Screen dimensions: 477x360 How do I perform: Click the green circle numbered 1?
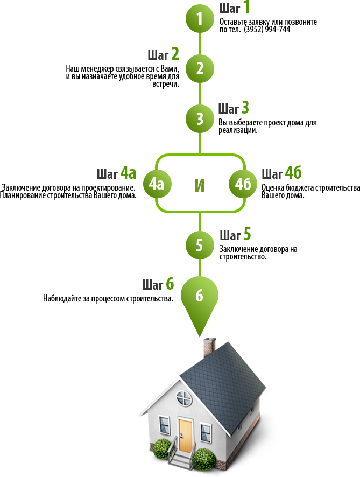pyautogui.click(x=200, y=19)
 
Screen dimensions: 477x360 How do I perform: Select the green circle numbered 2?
pyautogui.click(x=200, y=68)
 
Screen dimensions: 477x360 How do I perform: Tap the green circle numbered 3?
pyautogui.click(x=200, y=118)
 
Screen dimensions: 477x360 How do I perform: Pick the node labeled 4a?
pyautogui.click(x=156, y=184)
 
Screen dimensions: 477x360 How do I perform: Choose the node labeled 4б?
pyautogui.click(x=243, y=184)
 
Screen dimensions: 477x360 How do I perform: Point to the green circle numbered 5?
pyautogui.click(x=200, y=245)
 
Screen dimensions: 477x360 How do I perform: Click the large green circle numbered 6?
pyautogui.click(x=200, y=295)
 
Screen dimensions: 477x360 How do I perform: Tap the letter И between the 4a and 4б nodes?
pyautogui.click(x=200, y=185)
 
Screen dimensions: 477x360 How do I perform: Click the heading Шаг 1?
pyautogui.click(x=234, y=8)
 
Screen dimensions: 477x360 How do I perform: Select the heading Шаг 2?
pyautogui.click(x=163, y=55)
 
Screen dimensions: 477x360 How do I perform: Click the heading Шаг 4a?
pyautogui.click(x=116, y=173)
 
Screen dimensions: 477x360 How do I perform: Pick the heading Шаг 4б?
pyautogui.click(x=281, y=173)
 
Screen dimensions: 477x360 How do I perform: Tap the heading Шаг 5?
pyautogui.click(x=235, y=235)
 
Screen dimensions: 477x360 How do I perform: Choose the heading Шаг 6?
pyautogui.click(x=158, y=284)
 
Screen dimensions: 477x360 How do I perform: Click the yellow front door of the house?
pyautogui.click(x=185, y=434)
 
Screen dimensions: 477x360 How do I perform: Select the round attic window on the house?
pyautogui.click(x=185, y=399)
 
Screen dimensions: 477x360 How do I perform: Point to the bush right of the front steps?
pyautogui.click(x=204, y=459)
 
